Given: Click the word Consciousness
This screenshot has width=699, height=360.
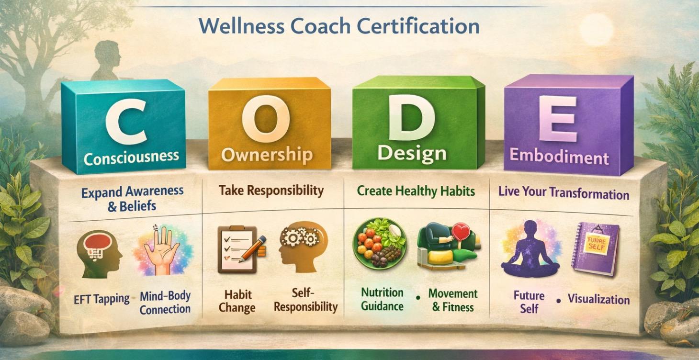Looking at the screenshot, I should [x=131, y=156].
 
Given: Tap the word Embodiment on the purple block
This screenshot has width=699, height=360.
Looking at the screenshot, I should [x=559, y=157].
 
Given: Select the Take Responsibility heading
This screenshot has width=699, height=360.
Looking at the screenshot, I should [x=271, y=191].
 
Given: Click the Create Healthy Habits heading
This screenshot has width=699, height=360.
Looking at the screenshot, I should [x=416, y=191].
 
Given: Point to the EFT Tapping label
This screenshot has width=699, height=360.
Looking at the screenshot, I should [x=101, y=299].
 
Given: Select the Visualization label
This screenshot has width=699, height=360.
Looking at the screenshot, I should [x=598, y=300].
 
